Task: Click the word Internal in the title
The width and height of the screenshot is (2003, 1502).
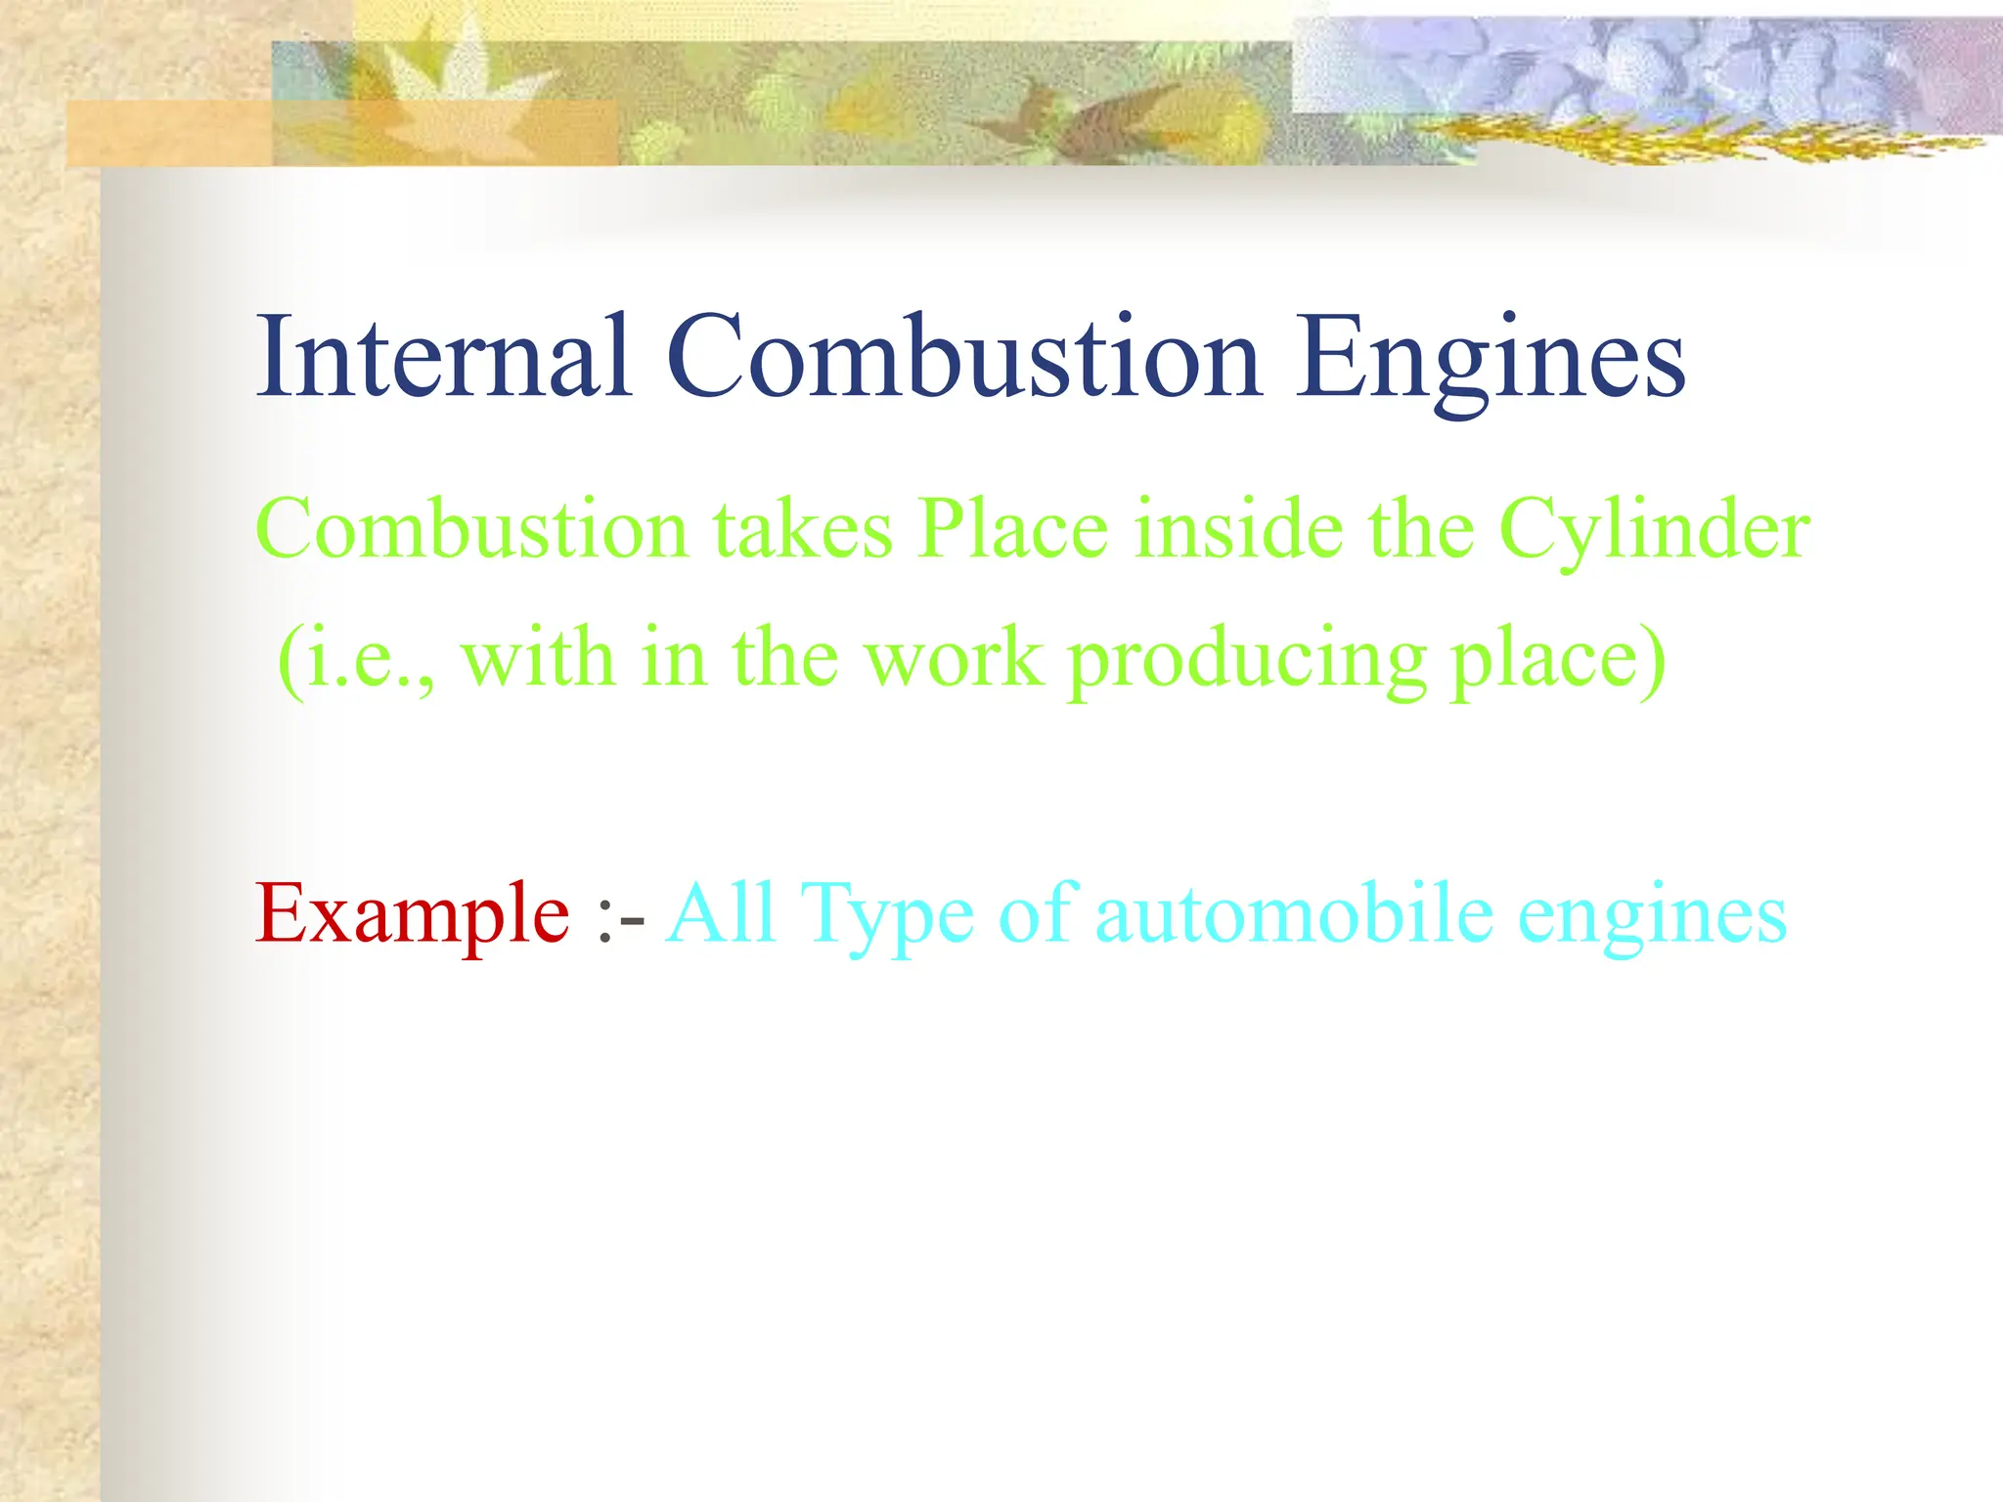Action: tap(443, 357)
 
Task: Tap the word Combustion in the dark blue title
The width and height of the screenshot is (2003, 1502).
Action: tap(963, 357)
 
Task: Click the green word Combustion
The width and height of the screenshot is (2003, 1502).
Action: tap(472, 529)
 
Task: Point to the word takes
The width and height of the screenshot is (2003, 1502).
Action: tap(802, 529)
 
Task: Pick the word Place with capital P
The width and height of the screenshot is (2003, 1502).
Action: tap(1013, 529)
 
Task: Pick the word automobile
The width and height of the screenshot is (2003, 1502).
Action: tap(1294, 913)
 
